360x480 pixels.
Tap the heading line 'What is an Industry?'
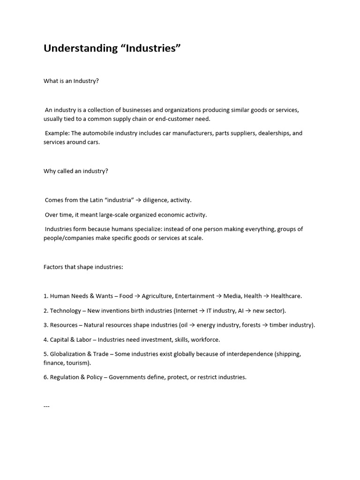[71, 81]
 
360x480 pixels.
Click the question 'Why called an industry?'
[76, 171]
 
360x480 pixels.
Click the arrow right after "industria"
[138, 200]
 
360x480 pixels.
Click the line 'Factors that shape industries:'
[83, 267]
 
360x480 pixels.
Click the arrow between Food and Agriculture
[137, 296]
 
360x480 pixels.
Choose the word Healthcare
[286, 296]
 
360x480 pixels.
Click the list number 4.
[45, 339]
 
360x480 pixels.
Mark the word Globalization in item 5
[69, 354]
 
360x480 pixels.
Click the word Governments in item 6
[128, 377]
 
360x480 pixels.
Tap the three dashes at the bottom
[46, 406]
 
